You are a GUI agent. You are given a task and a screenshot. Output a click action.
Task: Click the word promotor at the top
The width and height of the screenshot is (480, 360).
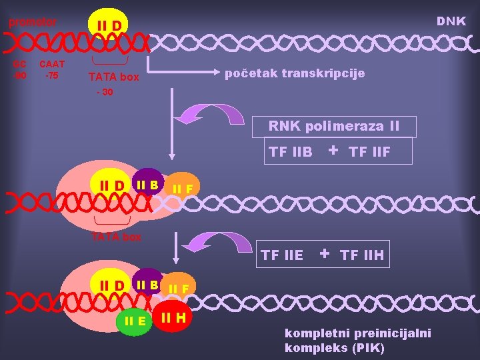pyautogui.click(x=32, y=22)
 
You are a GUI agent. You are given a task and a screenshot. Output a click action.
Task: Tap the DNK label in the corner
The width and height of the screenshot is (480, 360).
pyautogui.click(x=451, y=21)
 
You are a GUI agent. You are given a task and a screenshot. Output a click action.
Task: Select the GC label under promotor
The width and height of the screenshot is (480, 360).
pyautogui.click(x=20, y=64)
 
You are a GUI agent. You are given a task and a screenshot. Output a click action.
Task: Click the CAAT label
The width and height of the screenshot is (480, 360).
pyautogui.click(x=52, y=64)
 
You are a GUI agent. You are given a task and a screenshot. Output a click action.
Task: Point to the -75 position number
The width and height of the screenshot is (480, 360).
pyautogui.click(x=51, y=75)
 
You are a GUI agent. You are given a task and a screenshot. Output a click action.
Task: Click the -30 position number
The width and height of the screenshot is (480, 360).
pyautogui.click(x=105, y=92)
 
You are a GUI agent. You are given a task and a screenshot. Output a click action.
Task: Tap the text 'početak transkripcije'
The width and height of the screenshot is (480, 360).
pyautogui.click(x=295, y=73)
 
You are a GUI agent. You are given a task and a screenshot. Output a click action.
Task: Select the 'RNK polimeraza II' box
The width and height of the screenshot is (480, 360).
pyautogui.click(x=333, y=125)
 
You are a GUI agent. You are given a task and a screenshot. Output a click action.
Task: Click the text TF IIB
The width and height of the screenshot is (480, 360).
pyautogui.click(x=290, y=152)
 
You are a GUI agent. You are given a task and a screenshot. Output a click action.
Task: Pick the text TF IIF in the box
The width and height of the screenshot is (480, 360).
pyautogui.click(x=369, y=153)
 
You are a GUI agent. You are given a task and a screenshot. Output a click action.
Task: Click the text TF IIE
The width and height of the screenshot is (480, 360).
pyautogui.click(x=282, y=255)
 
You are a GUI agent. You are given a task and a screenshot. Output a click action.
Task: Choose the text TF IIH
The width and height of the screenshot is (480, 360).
pyautogui.click(x=362, y=255)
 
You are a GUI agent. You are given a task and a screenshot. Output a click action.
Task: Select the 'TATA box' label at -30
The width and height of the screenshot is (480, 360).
pyautogui.click(x=114, y=77)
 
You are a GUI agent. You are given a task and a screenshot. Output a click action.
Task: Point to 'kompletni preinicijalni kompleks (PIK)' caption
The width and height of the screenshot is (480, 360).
pyautogui.click(x=358, y=340)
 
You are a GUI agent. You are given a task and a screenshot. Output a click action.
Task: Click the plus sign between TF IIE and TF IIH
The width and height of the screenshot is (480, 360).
pyautogui.click(x=325, y=253)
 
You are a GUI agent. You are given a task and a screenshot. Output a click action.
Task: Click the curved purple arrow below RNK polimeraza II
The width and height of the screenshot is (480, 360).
pyautogui.click(x=221, y=113)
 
